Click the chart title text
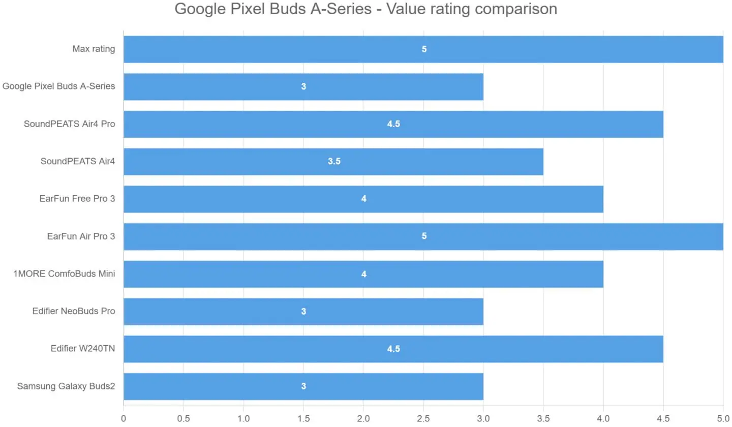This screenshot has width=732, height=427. pos(365,9)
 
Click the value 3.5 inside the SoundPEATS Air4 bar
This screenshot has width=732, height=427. pos(334,162)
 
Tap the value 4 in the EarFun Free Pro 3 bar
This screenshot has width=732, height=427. pos(363,199)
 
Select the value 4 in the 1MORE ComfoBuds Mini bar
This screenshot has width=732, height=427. pos(363,274)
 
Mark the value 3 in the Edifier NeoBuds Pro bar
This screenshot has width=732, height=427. pos(303,312)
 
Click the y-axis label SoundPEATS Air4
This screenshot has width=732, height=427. pos(78,162)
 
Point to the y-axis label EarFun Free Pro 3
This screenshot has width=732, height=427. pos(77,199)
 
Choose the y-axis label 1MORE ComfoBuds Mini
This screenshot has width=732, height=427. pos(65,274)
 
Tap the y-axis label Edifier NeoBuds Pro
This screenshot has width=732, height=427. pos(74,312)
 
